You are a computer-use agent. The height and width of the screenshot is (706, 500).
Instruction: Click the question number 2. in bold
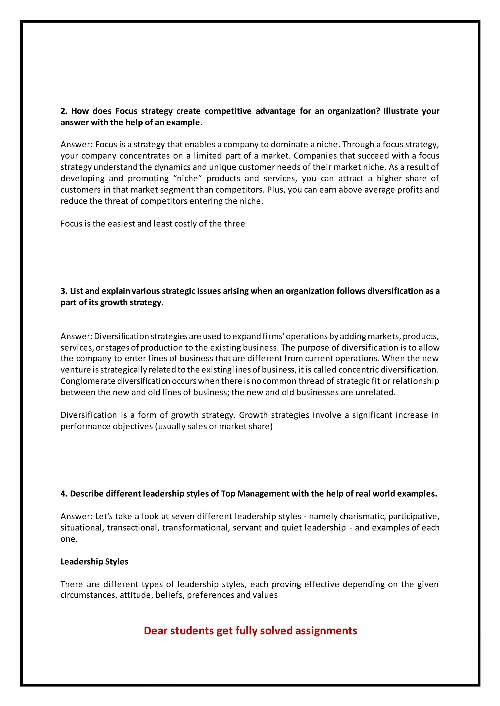tap(64, 111)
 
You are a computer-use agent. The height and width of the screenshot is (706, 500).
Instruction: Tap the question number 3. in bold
tap(64, 291)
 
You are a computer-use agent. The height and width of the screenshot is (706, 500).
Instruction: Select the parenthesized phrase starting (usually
tap(215, 426)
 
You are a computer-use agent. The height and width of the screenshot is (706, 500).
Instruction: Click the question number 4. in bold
tap(64, 494)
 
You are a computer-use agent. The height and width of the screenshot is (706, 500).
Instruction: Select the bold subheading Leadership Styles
tap(94, 562)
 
